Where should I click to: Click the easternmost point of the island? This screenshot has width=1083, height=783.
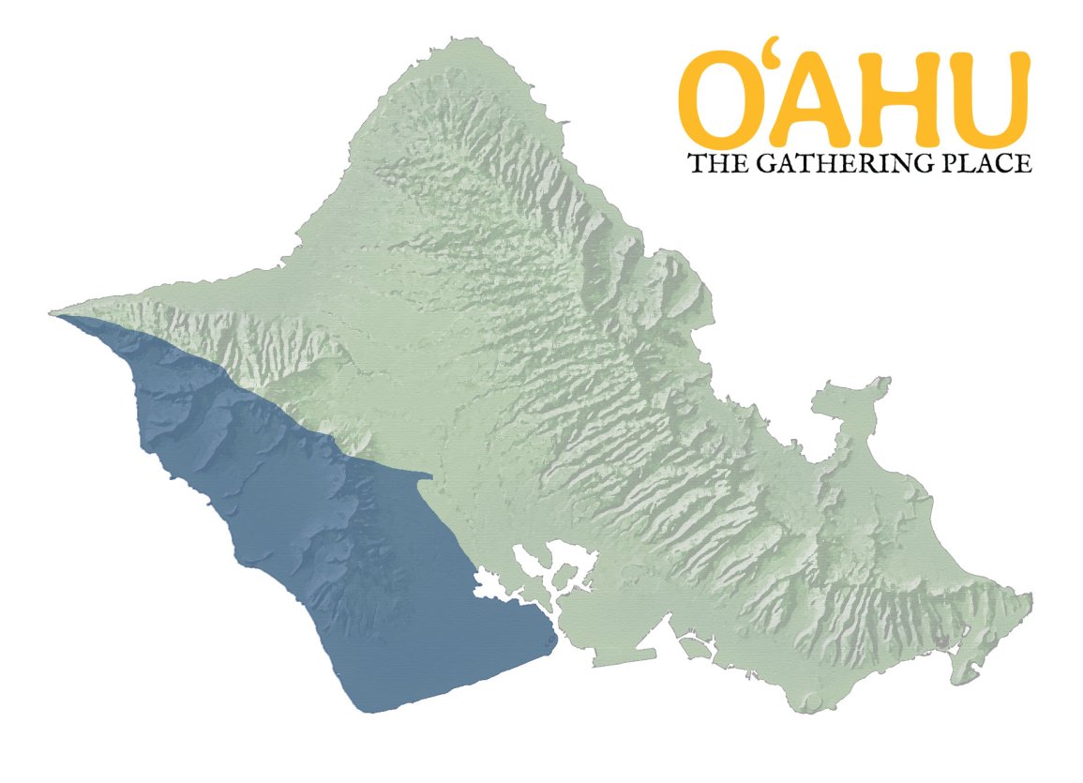(1030, 596)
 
